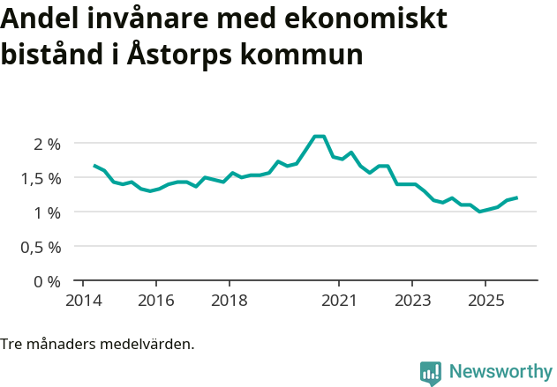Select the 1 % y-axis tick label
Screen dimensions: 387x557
48,212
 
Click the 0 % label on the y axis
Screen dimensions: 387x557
48,281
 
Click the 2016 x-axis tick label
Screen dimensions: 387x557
155,300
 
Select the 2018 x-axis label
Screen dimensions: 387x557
229,300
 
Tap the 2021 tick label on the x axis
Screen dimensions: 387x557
339,300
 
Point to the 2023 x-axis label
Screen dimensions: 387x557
412,300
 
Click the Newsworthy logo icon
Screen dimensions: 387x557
431,373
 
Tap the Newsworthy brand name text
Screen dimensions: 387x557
500,372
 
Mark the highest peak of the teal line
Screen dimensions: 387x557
319,137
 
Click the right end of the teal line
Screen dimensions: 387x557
516,197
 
